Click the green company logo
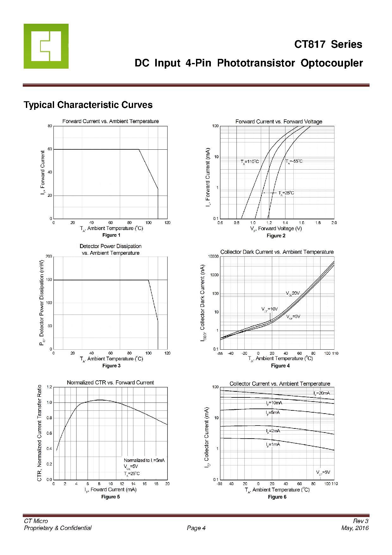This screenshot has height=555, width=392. click(x=46, y=46)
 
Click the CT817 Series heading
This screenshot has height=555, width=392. click(x=328, y=44)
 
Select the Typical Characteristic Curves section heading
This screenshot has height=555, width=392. click(x=88, y=105)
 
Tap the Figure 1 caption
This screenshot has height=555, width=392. click(x=111, y=235)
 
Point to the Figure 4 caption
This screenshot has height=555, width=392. click(x=280, y=366)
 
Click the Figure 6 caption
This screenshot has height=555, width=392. click(x=277, y=497)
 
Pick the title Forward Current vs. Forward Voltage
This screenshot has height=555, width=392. click(x=279, y=122)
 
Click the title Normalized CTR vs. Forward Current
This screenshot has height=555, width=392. click(x=110, y=383)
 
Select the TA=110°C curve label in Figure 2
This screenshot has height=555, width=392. click(x=250, y=162)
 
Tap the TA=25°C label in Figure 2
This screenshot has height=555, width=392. click(x=286, y=193)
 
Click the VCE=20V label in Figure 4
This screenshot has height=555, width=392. click(x=293, y=293)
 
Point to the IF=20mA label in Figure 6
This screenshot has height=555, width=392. click(x=322, y=393)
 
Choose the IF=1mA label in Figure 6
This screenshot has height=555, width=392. click(x=273, y=444)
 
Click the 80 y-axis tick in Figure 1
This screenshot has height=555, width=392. click(x=50, y=126)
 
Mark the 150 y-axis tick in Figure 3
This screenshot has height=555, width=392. click(x=49, y=280)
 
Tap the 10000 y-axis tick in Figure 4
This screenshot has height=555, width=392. click(x=213, y=256)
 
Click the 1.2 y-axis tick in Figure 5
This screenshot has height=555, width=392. click(x=49, y=387)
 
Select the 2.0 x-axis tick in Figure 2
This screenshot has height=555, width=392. click(x=334, y=223)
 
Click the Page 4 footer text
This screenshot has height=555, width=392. click(x=196, y=528)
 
